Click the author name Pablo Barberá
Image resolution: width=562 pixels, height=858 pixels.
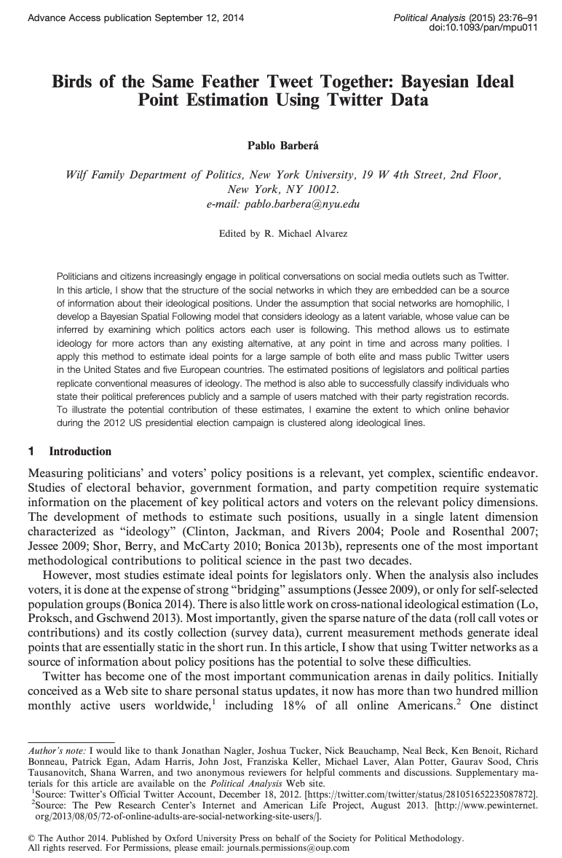[281, 146]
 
